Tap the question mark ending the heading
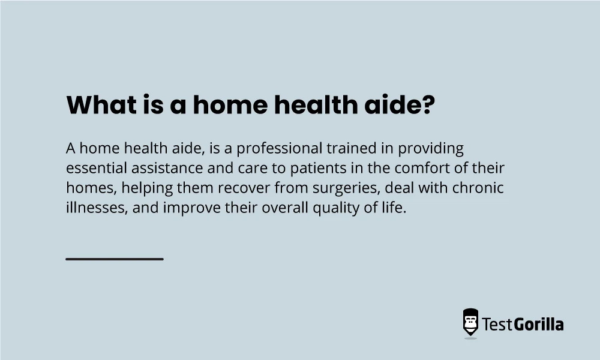click(x=427, y=106)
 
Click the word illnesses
click(x=92, y=208)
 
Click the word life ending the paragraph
click(x=394, y=208)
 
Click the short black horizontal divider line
click(x=115, y=259)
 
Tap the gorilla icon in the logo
click(x=470, y=323)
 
